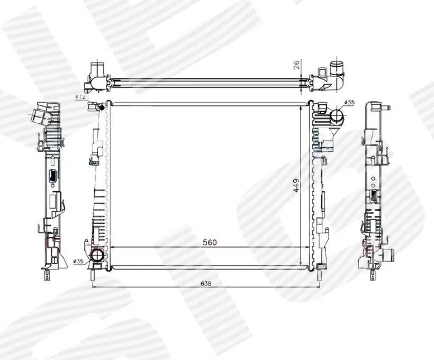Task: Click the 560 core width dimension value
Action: tap(210, 242)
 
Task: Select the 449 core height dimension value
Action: tap(296, 185)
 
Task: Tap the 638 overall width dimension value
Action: tap(206, 284)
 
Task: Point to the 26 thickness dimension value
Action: tap(296, 65)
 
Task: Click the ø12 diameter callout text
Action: tap(80, 97)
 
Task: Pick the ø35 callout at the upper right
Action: tap(349, 102)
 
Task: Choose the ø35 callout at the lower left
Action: tap(79, 261)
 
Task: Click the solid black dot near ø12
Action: tap(102, 107)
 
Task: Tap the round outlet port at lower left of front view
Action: tap(97, 255)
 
